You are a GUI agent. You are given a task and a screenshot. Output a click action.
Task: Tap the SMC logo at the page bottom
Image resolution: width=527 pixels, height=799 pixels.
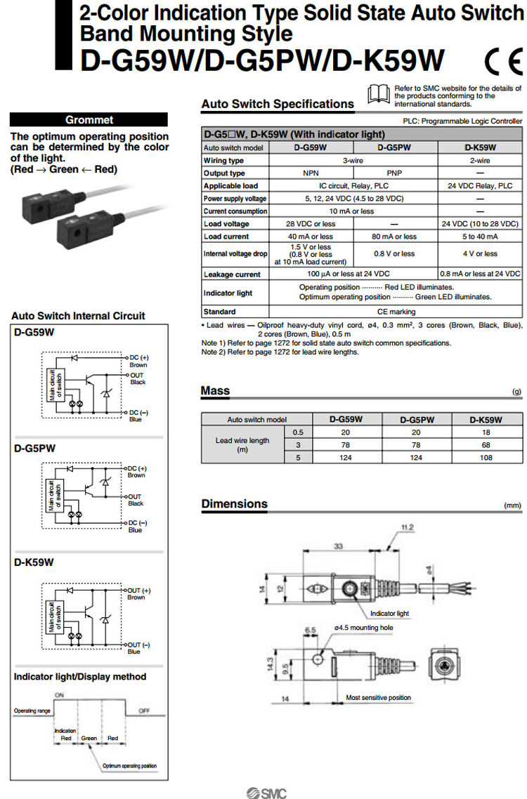[266, 792]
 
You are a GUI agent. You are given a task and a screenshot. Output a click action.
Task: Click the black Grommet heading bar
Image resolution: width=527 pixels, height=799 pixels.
[89, 119]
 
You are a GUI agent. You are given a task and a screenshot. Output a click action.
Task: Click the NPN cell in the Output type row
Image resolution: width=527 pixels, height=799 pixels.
[310, 173]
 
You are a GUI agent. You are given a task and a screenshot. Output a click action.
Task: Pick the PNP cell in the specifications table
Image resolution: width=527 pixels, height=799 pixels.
[395, 173]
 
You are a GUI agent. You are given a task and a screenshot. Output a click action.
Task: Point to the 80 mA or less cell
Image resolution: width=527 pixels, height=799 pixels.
[395, 237]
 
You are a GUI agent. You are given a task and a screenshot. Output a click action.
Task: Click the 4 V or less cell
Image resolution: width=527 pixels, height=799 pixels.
[480, 253]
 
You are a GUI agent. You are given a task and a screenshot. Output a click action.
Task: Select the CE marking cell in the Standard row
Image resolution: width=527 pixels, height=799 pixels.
[396, 312]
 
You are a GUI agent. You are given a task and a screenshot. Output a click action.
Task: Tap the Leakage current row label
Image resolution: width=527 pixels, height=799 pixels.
[232, 275]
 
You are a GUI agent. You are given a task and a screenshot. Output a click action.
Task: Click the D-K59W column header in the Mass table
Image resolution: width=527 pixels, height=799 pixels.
[486, 420]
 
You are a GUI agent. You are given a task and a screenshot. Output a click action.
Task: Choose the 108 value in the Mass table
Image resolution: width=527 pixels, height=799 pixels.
[486, 458]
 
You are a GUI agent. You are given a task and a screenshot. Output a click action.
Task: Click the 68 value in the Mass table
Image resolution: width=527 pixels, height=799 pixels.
[486, 445]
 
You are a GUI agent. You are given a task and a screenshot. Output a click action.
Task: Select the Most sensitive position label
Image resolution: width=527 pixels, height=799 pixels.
[379, 698]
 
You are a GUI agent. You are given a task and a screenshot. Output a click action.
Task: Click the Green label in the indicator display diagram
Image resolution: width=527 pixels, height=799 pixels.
[89, 739]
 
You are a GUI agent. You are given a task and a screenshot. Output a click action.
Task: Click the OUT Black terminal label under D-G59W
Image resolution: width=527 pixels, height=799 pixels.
[136, 378]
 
